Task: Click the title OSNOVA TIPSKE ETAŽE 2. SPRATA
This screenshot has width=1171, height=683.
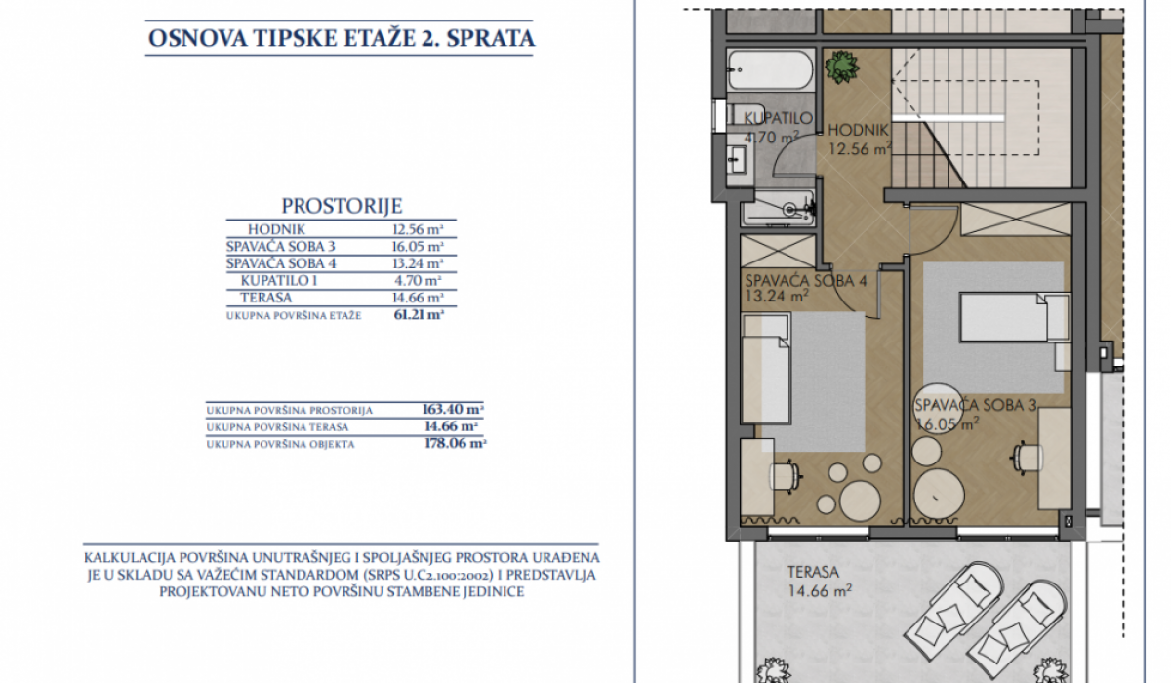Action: click(342, 38)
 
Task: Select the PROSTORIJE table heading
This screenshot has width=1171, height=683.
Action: click(342, 205)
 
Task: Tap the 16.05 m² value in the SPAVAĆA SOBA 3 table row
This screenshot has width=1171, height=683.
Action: click(418, 246)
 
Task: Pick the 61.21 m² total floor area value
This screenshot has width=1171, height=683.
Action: click(419, 314)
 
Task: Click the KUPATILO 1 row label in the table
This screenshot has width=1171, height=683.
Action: click(279, 281)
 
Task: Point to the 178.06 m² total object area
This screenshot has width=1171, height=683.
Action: click(455, 444)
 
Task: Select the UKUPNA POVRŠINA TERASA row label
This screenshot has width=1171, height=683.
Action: click(277, 427)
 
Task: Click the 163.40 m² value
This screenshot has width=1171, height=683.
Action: click(453, 409)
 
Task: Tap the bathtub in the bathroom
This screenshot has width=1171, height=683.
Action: click(771, 70)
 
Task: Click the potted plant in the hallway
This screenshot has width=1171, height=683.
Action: click(841, 67)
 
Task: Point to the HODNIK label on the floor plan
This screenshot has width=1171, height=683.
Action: click(859, 130)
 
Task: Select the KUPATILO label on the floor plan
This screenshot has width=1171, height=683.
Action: click(779, 118)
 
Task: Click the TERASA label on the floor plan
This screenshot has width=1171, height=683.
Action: click(814, 572)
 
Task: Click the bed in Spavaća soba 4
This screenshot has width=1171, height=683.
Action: click(766, 369)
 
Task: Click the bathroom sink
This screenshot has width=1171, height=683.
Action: click(737, 159)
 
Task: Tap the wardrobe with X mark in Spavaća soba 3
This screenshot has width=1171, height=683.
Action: click(1016, 220)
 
